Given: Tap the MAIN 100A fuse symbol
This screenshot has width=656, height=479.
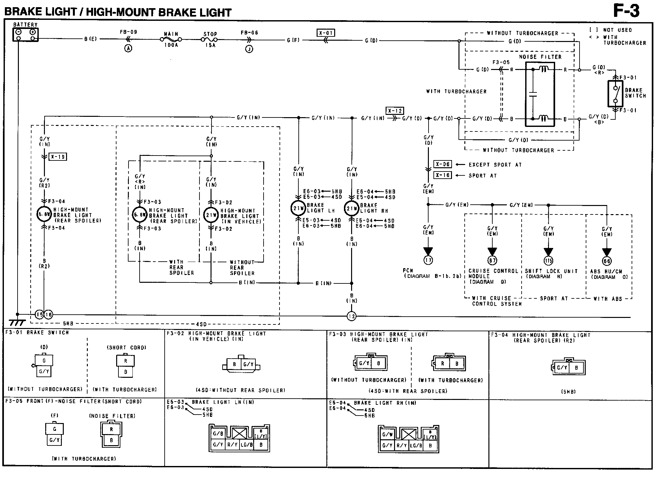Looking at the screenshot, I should [x=171, y=39].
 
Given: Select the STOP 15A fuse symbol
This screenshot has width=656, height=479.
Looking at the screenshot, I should [x=210, y=40].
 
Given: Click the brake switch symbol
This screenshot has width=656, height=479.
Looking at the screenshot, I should [x=615, y=94].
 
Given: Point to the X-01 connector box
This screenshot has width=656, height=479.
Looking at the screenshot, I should [x=325, y=33].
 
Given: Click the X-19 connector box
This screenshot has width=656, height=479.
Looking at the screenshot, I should [x=58, y=157].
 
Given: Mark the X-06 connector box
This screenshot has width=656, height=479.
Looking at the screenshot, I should [x=443, y=164].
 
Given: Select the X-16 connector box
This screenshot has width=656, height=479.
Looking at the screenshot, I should [x=443, y=175].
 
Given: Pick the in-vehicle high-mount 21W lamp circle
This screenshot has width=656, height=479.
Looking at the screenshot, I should [x=211, y=215].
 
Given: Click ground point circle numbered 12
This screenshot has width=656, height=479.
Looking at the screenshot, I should [x=352, y=316].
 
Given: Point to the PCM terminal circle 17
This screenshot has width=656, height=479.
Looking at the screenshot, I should [x=428, y=260].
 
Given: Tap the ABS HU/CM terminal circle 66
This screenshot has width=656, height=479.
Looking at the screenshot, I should [x=607, y=261].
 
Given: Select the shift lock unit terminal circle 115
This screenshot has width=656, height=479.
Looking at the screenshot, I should [x=548, y=261].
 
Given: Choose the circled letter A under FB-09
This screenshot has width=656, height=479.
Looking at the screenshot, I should [x=128, y=48].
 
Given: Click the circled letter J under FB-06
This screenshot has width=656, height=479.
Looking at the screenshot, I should [x=249, y=49].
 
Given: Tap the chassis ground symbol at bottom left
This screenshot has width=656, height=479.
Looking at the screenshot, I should [x=17, y=322].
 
